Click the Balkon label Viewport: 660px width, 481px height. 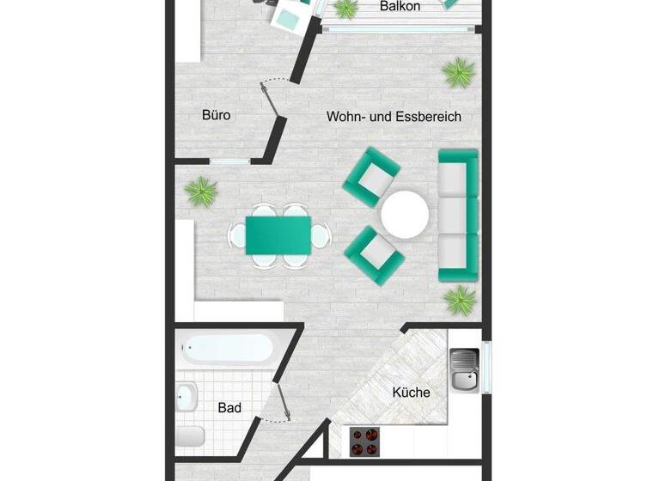tap(401, 7)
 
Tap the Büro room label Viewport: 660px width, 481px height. tap(217, 115)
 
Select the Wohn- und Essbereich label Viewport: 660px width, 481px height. tap(394, 117)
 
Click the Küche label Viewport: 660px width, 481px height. tap(411, 393)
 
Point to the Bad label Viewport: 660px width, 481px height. tap(229, 408)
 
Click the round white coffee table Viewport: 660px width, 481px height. tap(405, 214)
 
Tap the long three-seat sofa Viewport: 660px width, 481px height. tap(458, 215)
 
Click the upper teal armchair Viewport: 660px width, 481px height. tap(371, 175)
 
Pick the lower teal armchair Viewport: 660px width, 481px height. tap(373, 253)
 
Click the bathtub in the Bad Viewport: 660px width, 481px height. tap(228, 350)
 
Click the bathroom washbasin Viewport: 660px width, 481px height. tap(186, 397)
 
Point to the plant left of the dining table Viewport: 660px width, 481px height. tap(201, 190)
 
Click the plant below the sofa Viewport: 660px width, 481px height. tap(461, 300)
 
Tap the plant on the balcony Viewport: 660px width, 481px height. tap(345, 9)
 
